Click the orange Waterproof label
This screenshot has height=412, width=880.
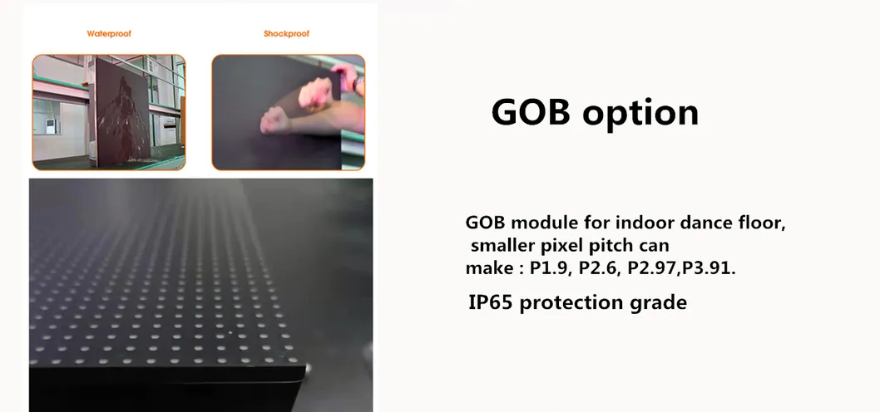[x=109, y=34]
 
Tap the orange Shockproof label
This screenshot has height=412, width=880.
[x=286, y=34]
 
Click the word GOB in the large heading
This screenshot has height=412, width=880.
[x=529, y=111]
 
